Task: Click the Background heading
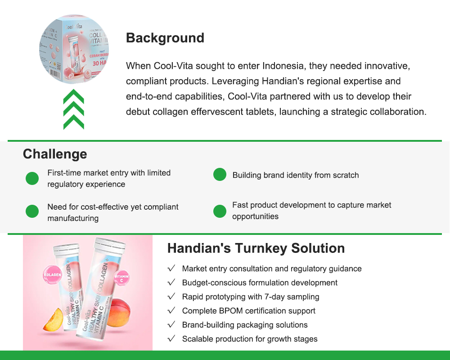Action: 165,38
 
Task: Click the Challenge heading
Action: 55,154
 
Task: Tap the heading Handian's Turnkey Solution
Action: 256,248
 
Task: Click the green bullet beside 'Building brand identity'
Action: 220,175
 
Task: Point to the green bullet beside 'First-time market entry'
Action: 32,178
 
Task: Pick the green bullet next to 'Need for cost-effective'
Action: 32,211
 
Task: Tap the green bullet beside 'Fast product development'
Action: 220,211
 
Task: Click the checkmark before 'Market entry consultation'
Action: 171,269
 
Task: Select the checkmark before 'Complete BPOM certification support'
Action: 171,310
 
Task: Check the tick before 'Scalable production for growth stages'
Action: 171,338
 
